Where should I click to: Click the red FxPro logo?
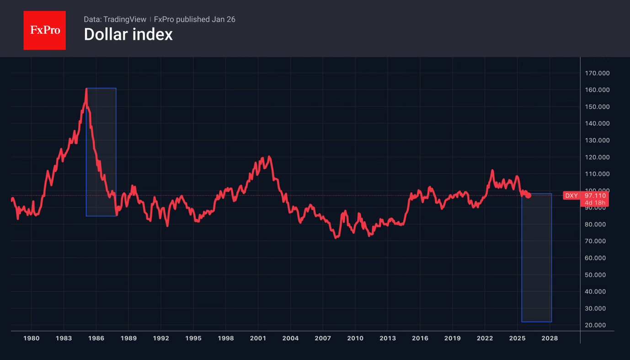click(44, 30)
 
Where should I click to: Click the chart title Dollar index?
click(128, 35)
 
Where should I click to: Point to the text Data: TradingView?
click(115, 19)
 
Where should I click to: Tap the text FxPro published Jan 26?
click(194, 19)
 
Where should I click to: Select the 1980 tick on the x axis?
click(31, 339)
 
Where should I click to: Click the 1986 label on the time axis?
click(96, 339)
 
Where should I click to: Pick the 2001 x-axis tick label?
click(258, 339)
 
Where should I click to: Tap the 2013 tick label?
click(388, 339)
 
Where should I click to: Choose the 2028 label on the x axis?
click(550, 339)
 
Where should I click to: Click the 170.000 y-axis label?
click(597, 73)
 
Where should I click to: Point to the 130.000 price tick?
click(597, 140)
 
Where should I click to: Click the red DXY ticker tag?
click(571, 196)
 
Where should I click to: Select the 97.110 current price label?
click(595, 196)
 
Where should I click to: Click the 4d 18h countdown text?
click(595, 203)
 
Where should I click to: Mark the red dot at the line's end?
click(529, 196)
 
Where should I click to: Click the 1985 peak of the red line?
click(86, 90)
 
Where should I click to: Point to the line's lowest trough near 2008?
click(336, 238)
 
